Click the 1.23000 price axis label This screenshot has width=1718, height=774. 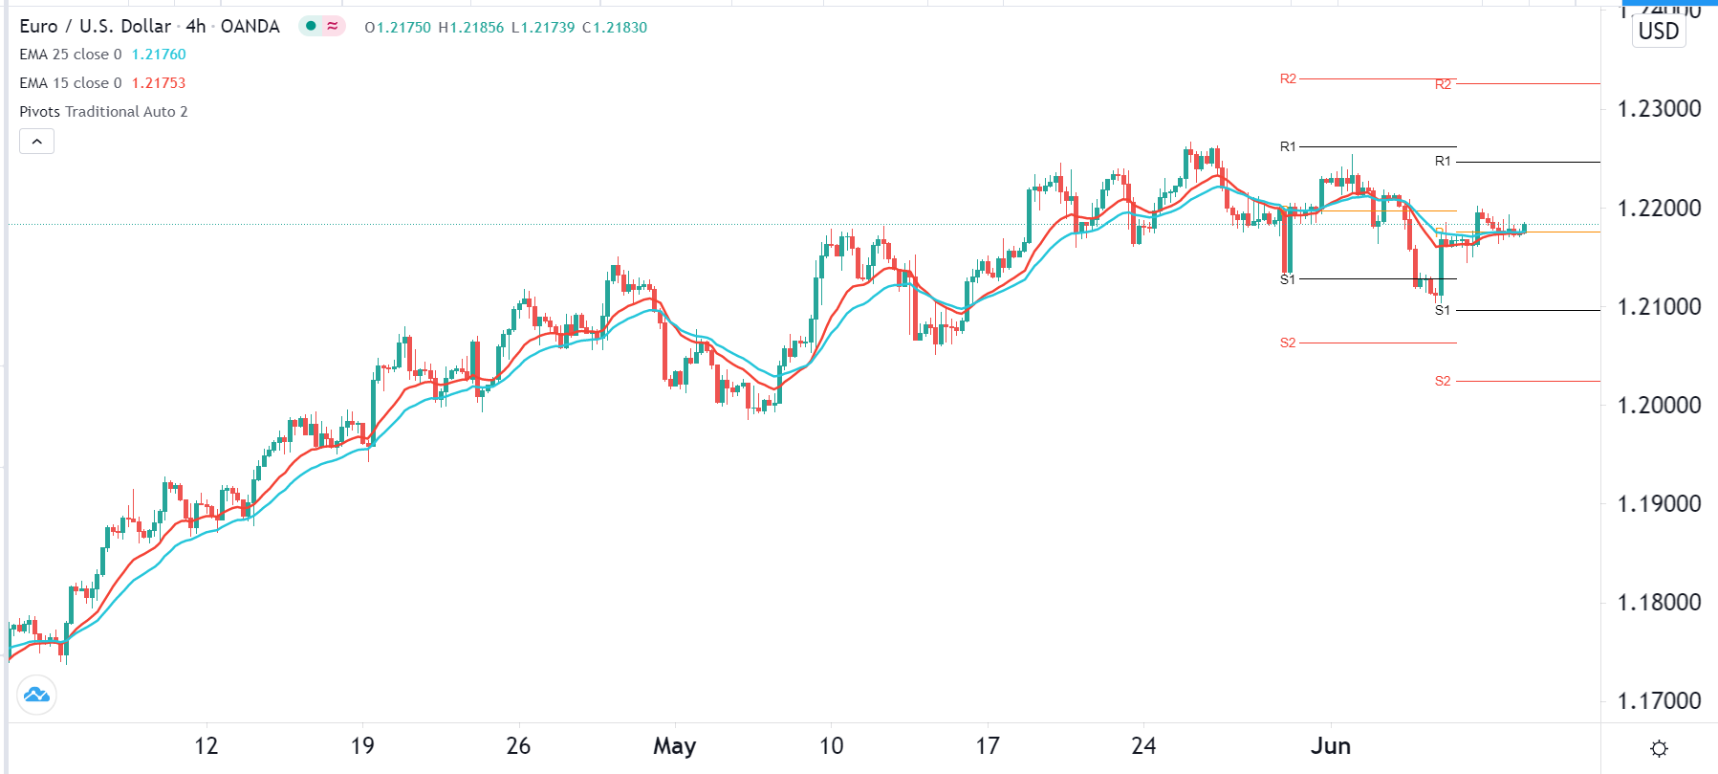tap(1659, 109)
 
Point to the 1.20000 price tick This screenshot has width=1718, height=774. tap(1659, 406)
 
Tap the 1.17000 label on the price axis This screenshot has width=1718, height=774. tap(1659, 701)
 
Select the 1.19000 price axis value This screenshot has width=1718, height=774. tap(1659, 504)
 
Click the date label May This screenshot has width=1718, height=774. tap(674, 746)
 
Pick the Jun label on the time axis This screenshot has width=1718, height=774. tap(1330, 746)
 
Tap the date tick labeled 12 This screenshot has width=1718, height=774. tap(206, 746)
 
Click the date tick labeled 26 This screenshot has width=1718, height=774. tap(518, 746)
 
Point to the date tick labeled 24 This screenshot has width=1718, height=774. tap(1143, 746)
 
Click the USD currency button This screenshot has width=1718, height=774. tap(1658, 32)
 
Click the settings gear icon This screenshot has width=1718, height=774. tap(1659, 748)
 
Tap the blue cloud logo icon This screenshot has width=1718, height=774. tap(37, 695)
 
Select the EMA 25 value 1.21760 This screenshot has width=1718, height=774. tap(159, 55)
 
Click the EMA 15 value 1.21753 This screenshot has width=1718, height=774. tap(159, 83)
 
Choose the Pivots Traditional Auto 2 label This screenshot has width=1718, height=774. tap(103, 112)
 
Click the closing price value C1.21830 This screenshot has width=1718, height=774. tap(615, 28)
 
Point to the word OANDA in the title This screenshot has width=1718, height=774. tap(250, 27)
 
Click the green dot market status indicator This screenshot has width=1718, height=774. tap(311, 26)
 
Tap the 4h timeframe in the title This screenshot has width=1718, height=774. tap(196, 27)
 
